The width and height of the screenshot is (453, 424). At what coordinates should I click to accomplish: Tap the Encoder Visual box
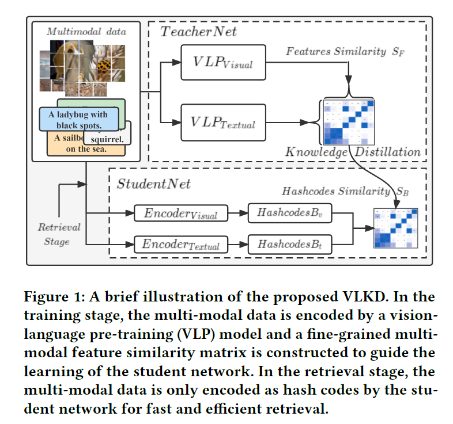click(x=181, y=213)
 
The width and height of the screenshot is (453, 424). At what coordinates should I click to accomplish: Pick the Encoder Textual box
click(x=181, y=244)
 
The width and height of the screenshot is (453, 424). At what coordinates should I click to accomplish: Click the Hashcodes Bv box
click(x=282, y=213)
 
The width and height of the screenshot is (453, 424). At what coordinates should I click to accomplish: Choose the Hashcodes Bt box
click(x=282, y=244)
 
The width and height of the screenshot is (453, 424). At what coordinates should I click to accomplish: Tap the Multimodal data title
click(x=86, y=31)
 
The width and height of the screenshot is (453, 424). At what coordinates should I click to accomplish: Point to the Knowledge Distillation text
click(x=353, y=152)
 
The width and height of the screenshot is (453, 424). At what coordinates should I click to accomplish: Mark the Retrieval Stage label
click(x=59, y=234)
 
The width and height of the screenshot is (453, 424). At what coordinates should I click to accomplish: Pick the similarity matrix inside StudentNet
click(x=394, y=228)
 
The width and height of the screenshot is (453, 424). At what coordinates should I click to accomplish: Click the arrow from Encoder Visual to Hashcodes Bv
click(x=238, y=213)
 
